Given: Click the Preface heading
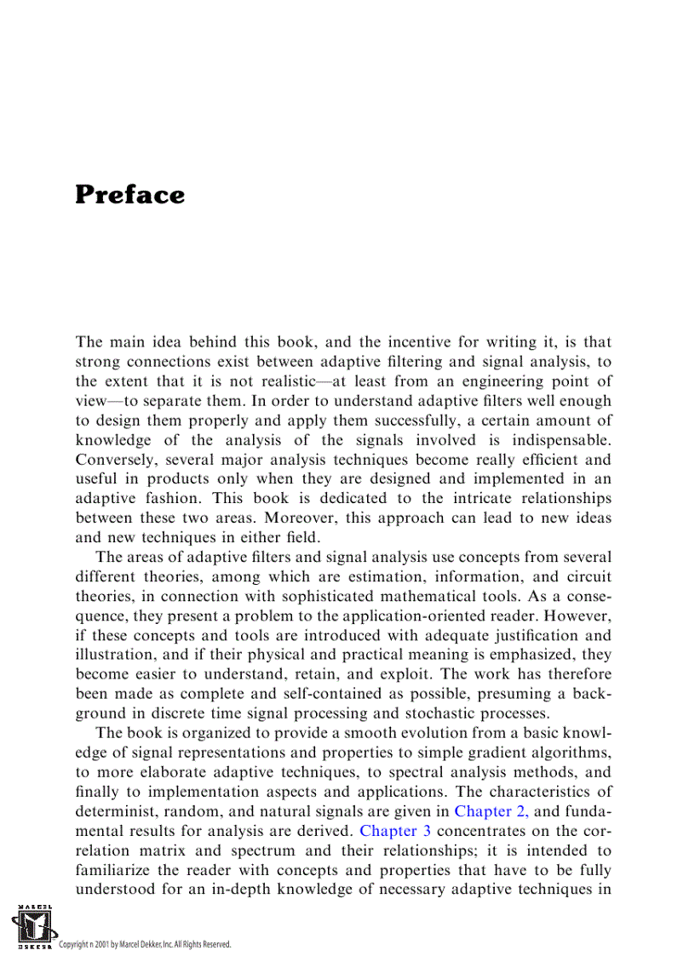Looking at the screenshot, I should (x=129, y=195).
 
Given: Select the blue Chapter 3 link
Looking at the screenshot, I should (x=389, y=831).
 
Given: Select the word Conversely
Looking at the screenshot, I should (x=115, y=460).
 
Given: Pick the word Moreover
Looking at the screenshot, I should (x=299, y=518).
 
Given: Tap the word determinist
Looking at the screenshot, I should (x=119, y=811).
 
